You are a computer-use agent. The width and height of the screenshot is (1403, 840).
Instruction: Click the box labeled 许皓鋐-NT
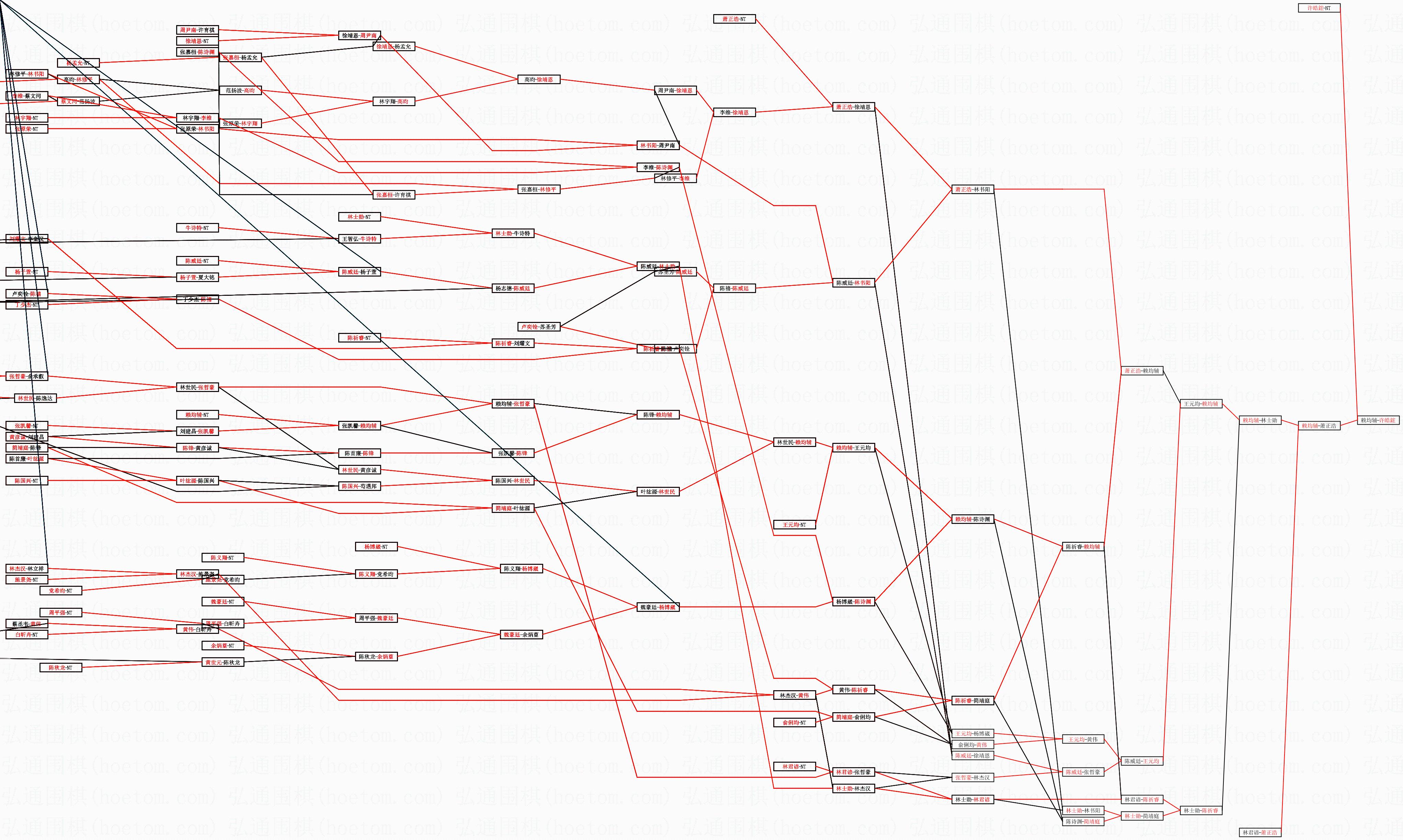point(1319,8)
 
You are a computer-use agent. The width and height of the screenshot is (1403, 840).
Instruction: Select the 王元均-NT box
point(794,525)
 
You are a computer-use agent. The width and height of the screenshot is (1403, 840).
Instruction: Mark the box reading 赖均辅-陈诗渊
point(972,519)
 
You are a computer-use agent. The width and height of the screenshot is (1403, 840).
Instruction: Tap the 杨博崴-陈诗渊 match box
point(854,602)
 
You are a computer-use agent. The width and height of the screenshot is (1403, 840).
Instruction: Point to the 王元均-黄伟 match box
point(1083,739)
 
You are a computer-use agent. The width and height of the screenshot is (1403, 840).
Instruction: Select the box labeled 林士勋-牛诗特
point(513,233)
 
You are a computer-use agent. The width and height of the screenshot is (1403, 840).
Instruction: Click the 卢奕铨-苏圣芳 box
point(538,327)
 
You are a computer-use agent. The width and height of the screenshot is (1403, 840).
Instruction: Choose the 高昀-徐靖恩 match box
point(538,80)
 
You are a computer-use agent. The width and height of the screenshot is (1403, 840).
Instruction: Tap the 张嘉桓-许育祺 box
point(394,195)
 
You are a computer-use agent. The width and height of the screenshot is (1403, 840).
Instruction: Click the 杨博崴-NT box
point(376,547)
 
